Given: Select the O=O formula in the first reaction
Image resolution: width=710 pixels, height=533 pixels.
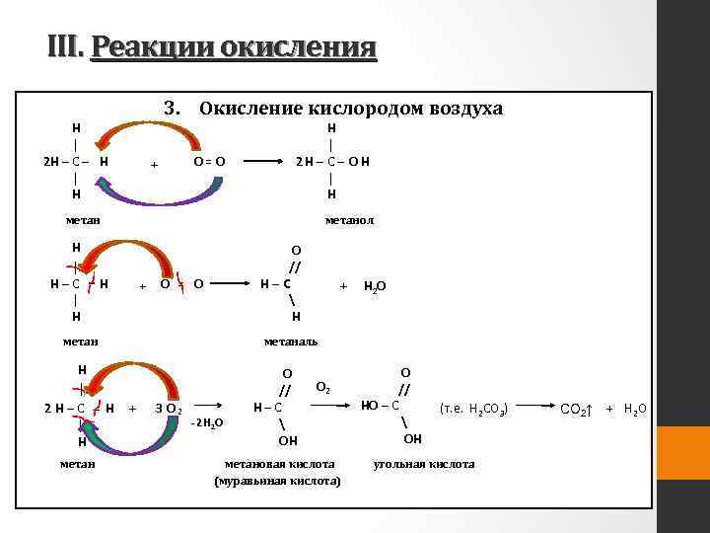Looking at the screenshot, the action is [209, 161].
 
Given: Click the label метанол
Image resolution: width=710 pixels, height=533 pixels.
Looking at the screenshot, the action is [349, 219].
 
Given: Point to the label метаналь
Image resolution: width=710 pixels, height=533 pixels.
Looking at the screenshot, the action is [291, 342].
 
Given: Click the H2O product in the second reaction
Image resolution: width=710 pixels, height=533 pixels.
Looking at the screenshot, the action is [375, 286].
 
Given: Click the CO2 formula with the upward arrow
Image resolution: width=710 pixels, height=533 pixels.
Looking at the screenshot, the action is [576, 408].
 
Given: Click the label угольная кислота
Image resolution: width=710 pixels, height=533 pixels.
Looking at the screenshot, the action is [423, 463].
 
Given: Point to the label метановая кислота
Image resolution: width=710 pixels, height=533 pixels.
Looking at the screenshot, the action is [279, 463].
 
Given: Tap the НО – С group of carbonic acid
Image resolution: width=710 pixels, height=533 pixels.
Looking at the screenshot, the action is [381, 405].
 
